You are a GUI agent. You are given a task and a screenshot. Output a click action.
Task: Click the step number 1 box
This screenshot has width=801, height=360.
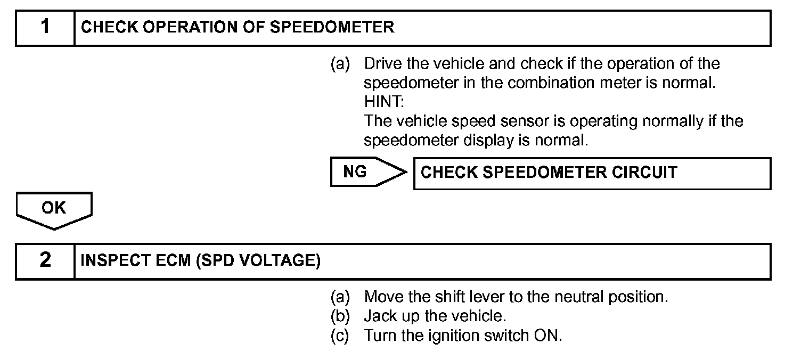45,27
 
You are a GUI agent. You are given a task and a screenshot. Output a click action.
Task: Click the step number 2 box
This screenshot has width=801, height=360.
45,261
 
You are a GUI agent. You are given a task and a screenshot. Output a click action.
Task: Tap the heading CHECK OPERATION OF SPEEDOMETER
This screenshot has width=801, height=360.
238,27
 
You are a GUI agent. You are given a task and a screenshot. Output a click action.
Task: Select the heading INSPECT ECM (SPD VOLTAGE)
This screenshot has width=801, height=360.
200,261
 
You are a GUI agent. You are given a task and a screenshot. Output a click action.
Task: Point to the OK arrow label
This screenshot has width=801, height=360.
54,208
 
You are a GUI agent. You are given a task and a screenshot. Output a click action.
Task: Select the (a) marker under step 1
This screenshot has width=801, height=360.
340,64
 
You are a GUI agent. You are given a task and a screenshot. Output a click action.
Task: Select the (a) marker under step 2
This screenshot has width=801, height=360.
340,297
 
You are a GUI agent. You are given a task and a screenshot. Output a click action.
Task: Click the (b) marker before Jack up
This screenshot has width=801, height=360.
340,316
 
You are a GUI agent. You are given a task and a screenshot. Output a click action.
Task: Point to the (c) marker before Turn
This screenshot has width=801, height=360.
340,336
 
